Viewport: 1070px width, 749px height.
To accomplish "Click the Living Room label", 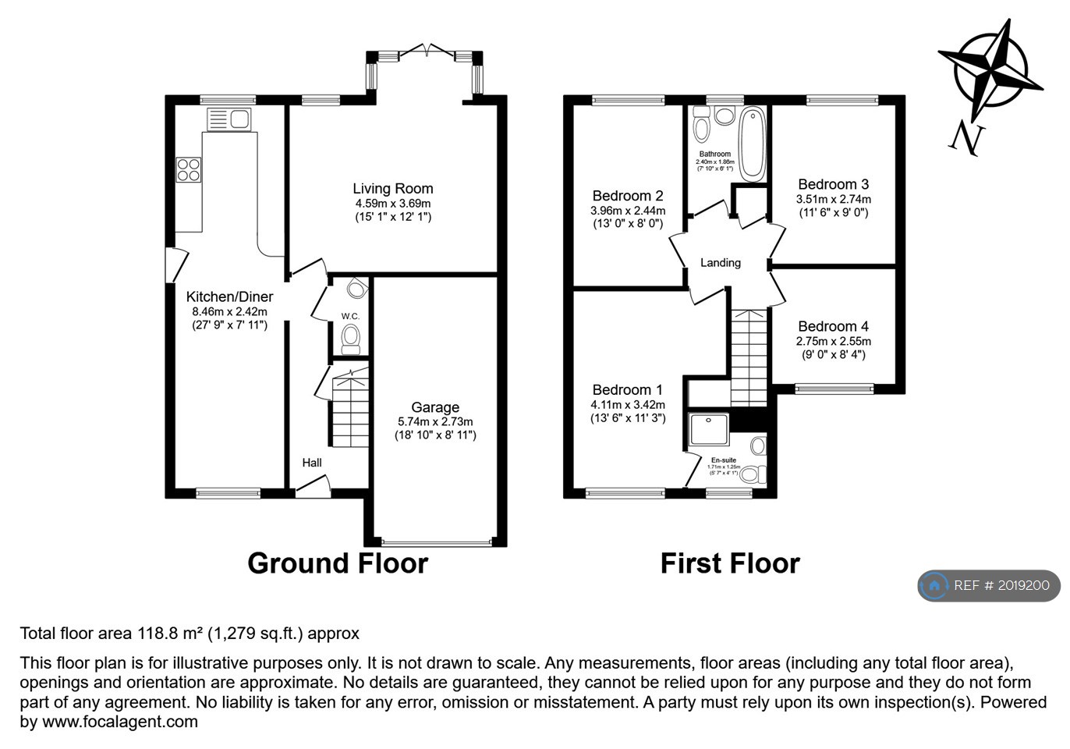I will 392,188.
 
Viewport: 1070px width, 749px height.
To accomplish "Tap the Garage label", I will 435,407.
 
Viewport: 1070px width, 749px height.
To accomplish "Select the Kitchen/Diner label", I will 229,296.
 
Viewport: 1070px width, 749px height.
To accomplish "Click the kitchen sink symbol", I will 229,119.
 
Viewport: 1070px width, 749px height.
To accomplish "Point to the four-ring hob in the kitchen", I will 189,169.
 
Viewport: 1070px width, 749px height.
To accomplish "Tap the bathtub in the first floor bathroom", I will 752,144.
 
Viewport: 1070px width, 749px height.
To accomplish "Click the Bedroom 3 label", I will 833,184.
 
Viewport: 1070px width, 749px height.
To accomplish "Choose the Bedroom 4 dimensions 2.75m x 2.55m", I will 833,341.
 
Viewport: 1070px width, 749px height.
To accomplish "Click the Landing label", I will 720,263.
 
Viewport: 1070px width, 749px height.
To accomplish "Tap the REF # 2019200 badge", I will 989,585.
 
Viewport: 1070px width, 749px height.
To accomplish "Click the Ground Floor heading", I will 338,563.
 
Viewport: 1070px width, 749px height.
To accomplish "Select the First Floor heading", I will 730,563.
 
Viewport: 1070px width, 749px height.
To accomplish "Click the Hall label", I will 312,463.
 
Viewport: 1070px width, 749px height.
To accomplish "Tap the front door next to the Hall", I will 313,488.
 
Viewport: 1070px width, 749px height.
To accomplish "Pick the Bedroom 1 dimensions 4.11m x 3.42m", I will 627,405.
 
